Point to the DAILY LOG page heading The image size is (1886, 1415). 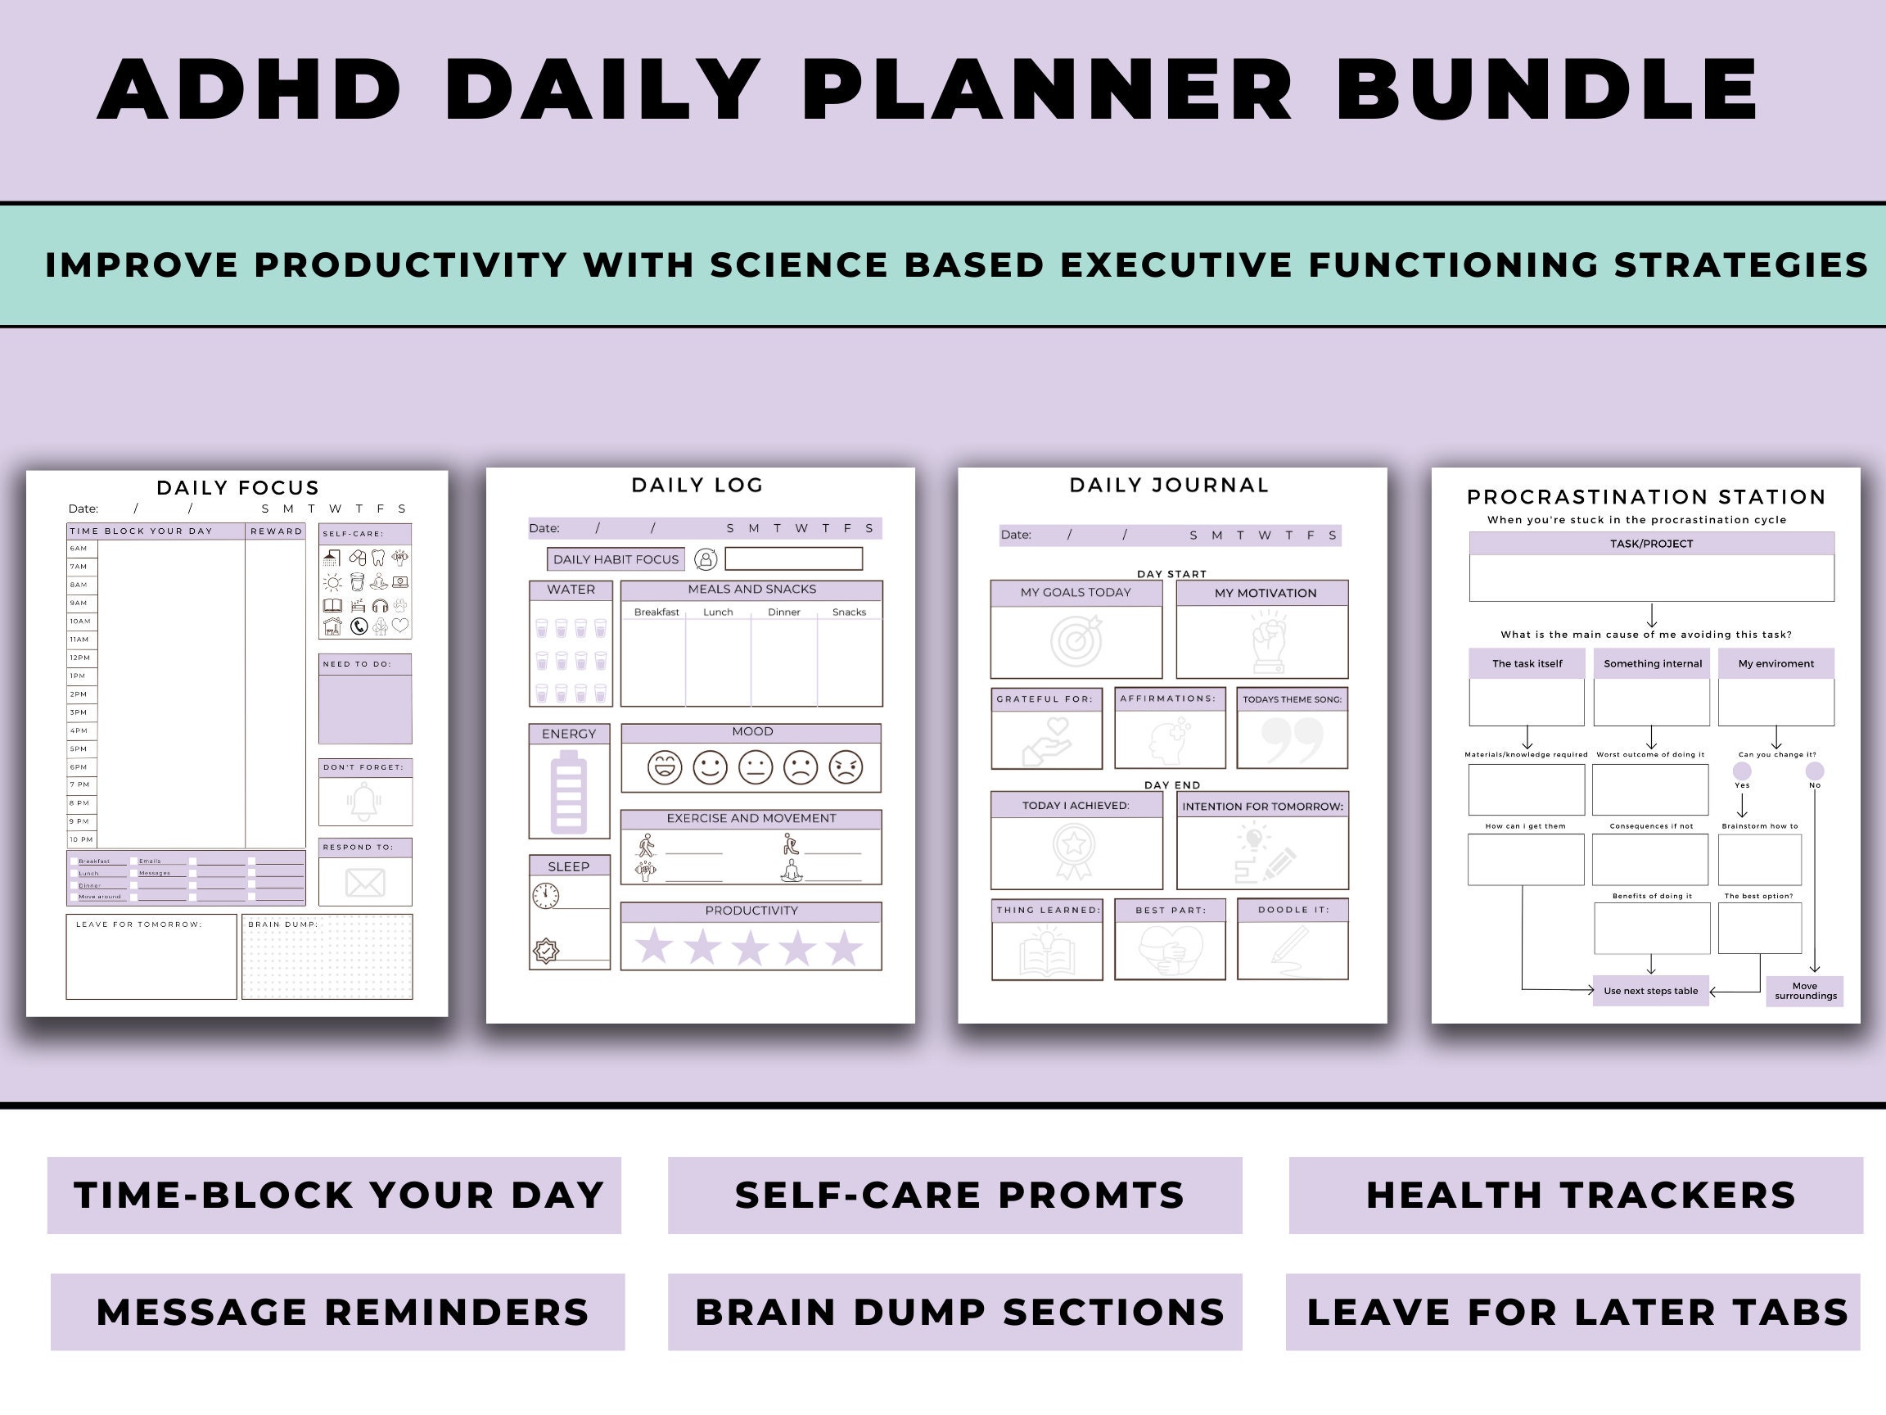pyautogui.click(x=697, y=486)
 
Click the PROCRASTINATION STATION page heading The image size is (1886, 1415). pyautogui.click(x=1645, y=496)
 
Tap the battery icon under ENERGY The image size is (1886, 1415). pyautogui.click(x=569, y=792)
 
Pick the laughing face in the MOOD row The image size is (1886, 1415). pyautogui.click(x=664, y=767)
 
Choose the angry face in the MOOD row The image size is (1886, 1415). pyautogui.click(x=846, y=767)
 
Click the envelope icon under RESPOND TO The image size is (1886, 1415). pyautogui.click(x=365, y=883)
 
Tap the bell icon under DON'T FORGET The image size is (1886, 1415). pyautogui.click(x=364, y=802)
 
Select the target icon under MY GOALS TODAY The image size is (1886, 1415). pyautogui.click(x=1076, y=641)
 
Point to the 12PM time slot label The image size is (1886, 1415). pyautogui.click(x=80, y=658)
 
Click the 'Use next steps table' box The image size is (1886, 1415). pyautogui.click(x=1651, y=991)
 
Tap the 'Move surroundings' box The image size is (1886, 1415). pyautogui.click(x=1805, y=991)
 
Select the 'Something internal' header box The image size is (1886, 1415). pyautogui.click(x=1653, y=663)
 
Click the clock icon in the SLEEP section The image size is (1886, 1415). pyautogui.click(x=546, y=896)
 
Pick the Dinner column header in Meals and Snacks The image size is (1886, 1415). pyautogui.click(x=783, y=613)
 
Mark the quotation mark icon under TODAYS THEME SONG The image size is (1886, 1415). pyautogui.click(x=1293, y=740)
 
